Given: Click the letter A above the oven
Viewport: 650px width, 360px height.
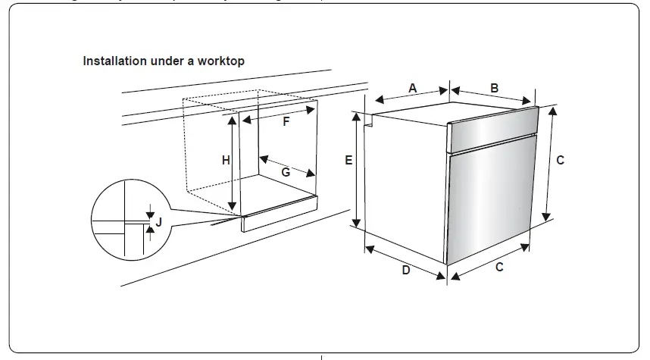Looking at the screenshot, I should pos(413,88).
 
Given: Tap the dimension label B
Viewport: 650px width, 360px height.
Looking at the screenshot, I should pos(494,88).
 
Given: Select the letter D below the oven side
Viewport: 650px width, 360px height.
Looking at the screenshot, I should pos(406,271).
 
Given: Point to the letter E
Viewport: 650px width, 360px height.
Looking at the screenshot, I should pos(348,161).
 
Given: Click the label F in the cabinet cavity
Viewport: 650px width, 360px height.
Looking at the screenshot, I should pos(286,121).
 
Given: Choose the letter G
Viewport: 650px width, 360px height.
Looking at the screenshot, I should pos(286,173).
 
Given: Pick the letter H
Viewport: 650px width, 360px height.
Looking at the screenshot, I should pos(226,161).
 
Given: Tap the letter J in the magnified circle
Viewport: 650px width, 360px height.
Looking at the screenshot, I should pos(159,222).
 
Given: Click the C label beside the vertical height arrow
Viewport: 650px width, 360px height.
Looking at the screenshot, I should pos(560,161).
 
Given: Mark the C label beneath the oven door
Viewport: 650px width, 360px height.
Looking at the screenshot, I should pos(499,267).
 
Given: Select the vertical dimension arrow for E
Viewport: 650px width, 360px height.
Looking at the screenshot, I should pos(358,170).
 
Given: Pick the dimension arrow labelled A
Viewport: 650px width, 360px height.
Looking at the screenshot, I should pos(413,95).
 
